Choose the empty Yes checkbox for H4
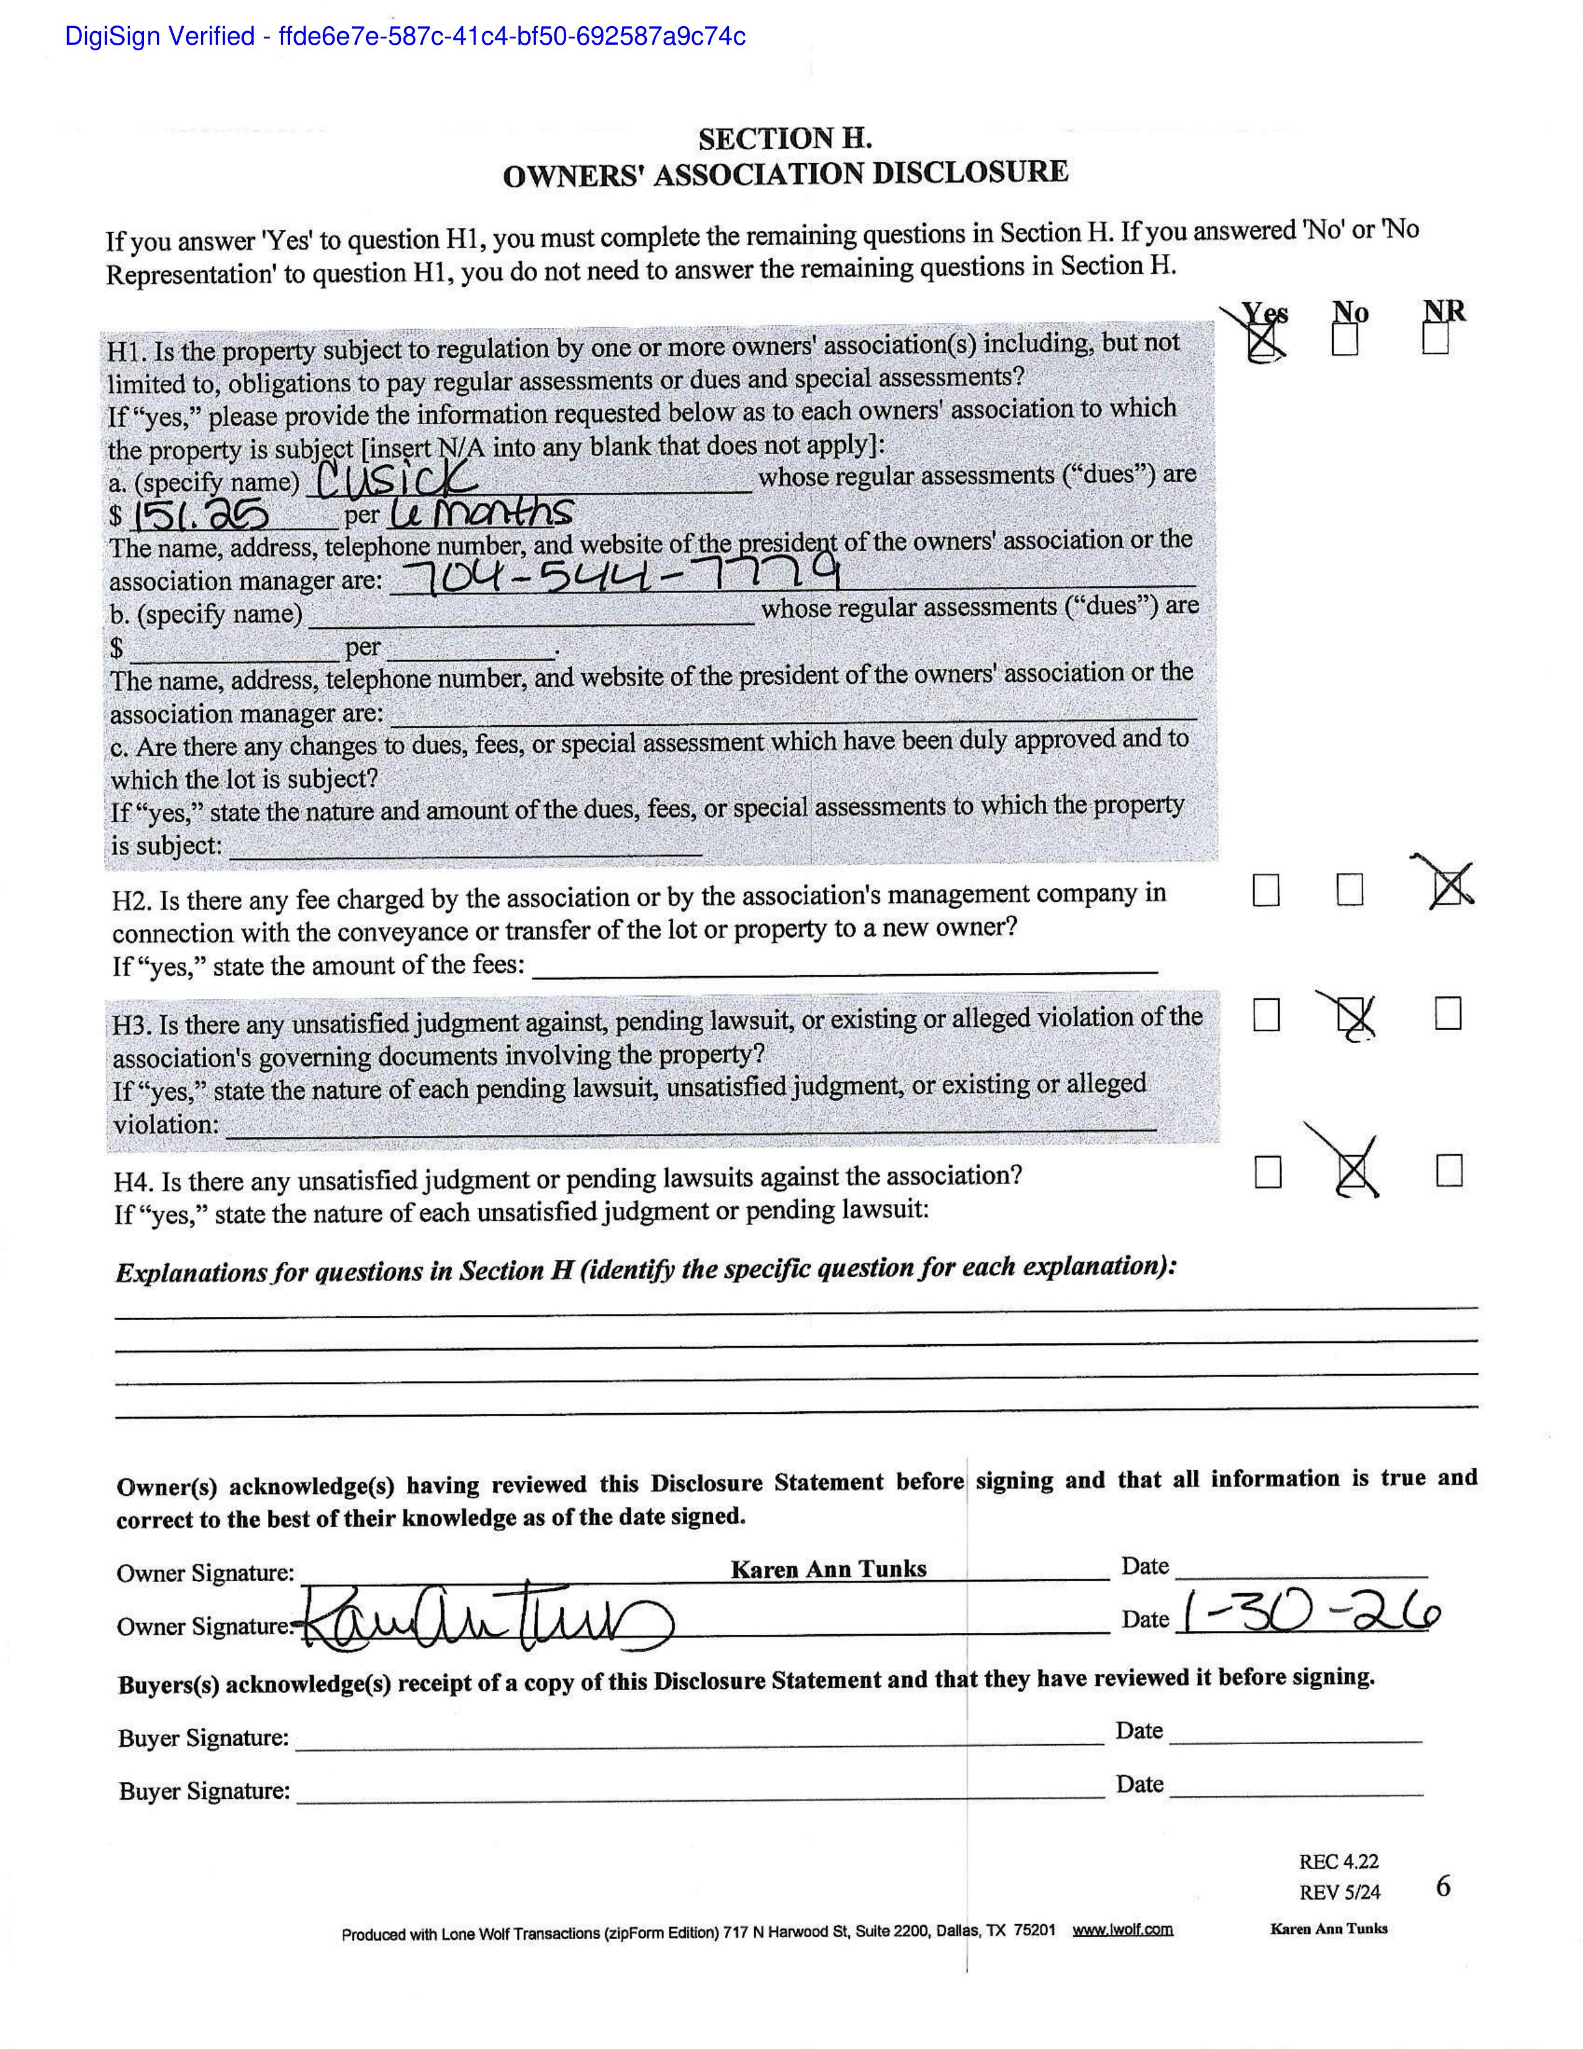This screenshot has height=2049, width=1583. (1268, 1172)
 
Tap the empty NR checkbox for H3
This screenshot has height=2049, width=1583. (1448, 1013)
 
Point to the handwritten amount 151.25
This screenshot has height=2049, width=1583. (201, 515)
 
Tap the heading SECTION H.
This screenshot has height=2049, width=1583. (785, 139)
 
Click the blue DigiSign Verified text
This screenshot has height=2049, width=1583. (405, 37)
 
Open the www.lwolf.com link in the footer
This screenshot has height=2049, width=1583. (1122, 1930)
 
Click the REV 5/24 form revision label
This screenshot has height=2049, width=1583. (1339, 1893)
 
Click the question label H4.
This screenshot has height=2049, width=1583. (133, 1181)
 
